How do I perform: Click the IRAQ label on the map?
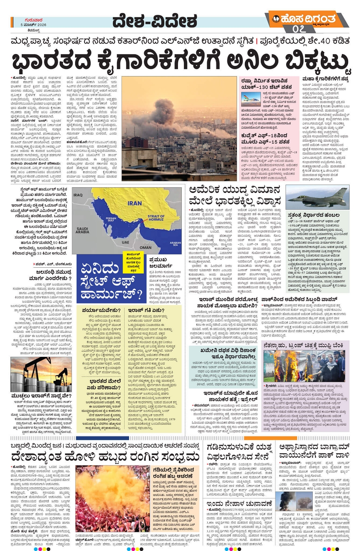click(78, 195)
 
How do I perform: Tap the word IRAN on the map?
click(135, 203)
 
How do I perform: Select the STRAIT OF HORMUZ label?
click(156, 217)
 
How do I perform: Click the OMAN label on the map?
click(145, 247)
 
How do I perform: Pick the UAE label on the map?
click(125, 242)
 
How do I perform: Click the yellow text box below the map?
click(133, 262)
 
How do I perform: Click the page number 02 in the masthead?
click(299, 29)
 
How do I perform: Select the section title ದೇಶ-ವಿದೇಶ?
click(155, 22)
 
